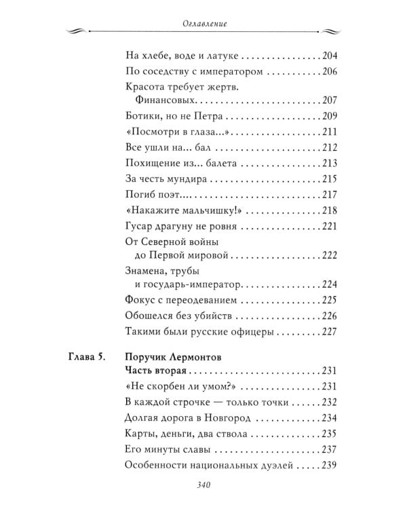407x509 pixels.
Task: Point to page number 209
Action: coord(328,115)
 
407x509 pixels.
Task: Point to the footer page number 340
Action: coord(203,485)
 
